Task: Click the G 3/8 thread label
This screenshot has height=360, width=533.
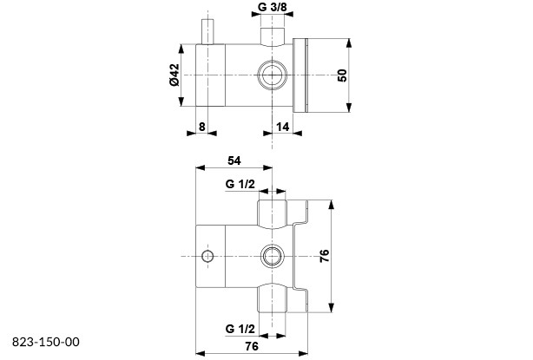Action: coord(275,10)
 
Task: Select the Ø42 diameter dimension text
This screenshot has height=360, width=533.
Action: coord(174,75)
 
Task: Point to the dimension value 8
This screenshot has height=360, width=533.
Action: coord(202,127)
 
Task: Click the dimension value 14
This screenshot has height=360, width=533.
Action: coord(283,127)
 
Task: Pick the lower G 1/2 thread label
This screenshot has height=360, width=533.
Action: coord(240,330)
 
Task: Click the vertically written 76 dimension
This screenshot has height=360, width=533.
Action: coord(324,256)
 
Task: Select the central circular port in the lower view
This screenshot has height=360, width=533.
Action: coord(273,255)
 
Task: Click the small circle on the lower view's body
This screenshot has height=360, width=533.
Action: coord(207,255)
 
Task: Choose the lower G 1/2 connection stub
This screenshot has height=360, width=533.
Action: coord(272,299)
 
